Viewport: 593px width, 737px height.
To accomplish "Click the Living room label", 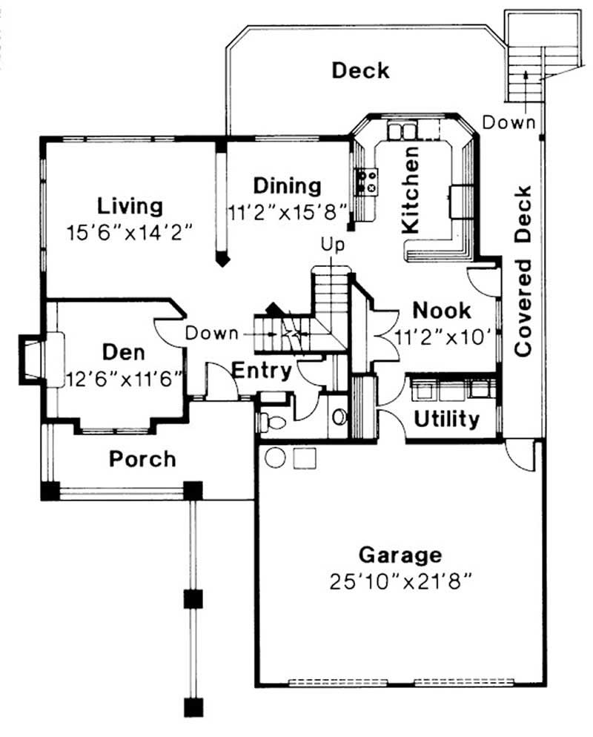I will coord(130,204).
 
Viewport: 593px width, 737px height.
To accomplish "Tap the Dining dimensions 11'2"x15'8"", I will coord(287,211).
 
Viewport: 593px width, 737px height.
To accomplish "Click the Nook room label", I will coord(442,309).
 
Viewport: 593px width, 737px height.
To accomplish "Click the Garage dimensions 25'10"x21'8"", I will coord(401,579).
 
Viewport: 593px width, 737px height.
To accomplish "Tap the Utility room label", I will coord(446,419).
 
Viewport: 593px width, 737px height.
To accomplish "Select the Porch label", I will coord(143,458).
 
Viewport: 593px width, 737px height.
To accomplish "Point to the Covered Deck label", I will coord(524,271).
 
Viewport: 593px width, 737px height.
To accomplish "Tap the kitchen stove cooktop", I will coord(367,181).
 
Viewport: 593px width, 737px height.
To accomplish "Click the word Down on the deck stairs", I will coord(508,122).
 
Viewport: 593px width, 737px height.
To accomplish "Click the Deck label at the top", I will coord(360,71).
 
